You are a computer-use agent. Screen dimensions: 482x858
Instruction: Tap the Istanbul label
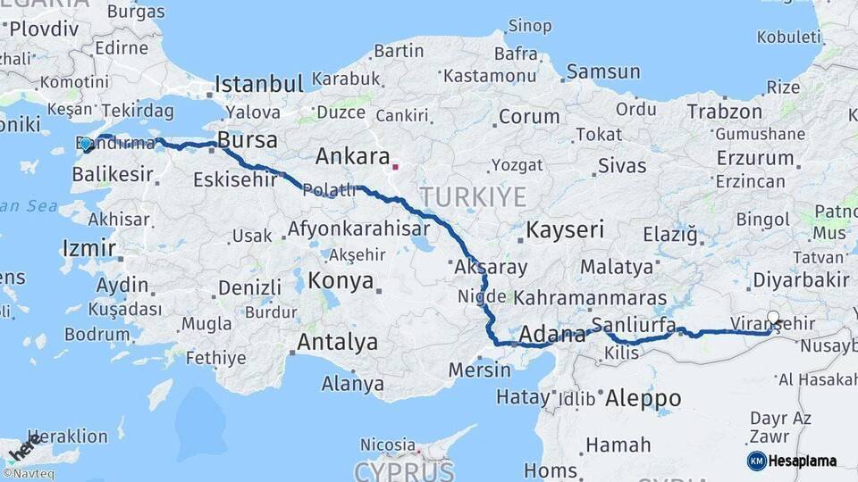[259, 85]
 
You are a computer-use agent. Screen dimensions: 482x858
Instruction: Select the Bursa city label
[248, 140]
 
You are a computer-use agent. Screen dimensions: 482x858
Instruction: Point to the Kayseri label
[564, 229]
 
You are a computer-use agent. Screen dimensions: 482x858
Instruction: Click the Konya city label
[341, 281]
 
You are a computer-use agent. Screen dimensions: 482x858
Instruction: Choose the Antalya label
[337, 342]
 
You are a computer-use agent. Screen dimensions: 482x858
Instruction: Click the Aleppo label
[643, 398]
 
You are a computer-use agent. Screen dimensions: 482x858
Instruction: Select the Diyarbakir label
[800, 279]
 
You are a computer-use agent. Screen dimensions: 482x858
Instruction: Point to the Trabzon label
[724, 112]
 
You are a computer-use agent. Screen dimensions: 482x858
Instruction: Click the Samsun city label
[603, 71]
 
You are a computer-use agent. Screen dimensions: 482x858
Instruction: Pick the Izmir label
[88, 247]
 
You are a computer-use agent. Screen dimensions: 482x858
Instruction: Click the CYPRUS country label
[405, 470]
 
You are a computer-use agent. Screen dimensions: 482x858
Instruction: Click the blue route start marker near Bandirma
[86, 144]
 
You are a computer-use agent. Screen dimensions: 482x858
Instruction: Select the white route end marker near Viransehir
[774, 317]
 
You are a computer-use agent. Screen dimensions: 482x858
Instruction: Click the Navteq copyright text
[28, 474]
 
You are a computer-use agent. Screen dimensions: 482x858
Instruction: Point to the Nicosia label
[388, 445]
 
